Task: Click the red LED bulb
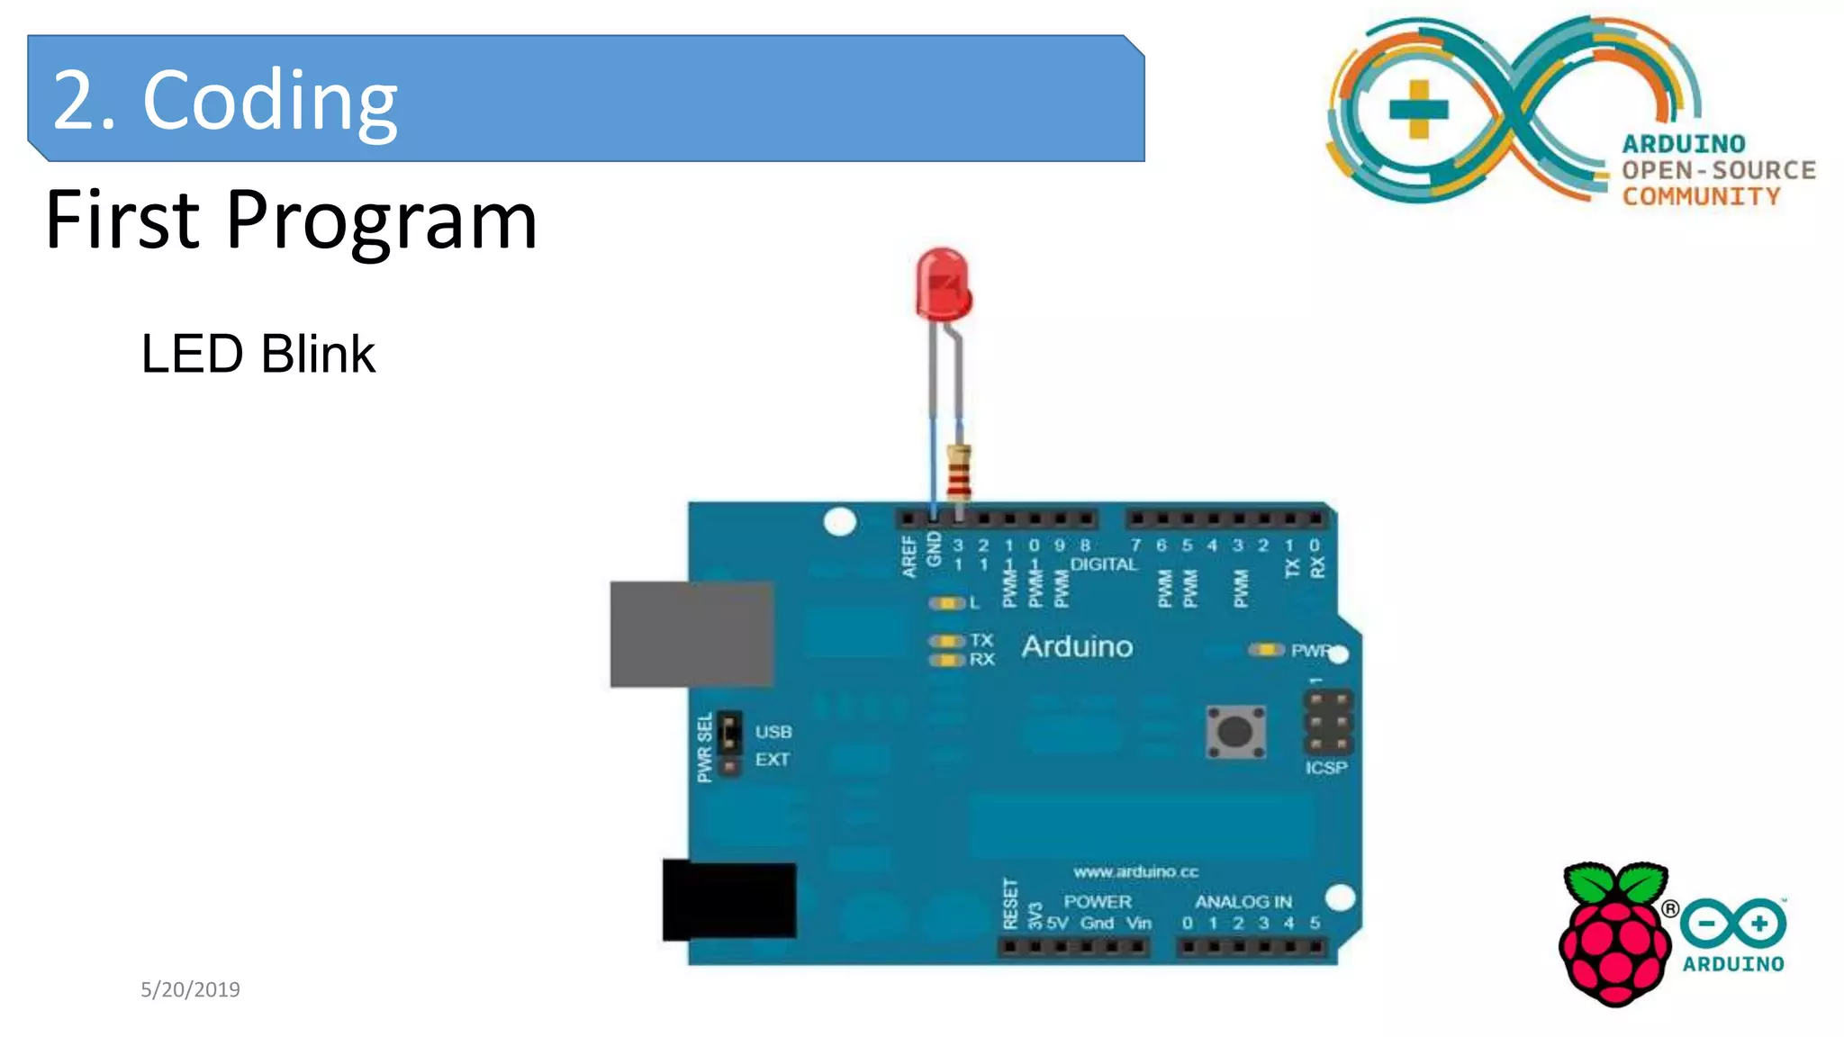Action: (942, 285)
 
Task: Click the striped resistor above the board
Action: (959, 471)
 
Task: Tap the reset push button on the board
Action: (1235, 731)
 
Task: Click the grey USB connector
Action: (691, 634)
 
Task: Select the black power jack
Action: (729, 900)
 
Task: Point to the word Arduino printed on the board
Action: (1077, 646)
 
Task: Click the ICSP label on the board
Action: (1326, 768)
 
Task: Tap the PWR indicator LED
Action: (1267, 650)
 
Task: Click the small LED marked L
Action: (946, 602)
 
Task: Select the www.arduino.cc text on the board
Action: (1135, 871)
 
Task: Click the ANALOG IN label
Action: (1243, 901)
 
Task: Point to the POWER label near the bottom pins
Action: (1097, 901)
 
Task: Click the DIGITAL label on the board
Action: (1104, 564)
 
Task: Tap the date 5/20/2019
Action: (190, 989)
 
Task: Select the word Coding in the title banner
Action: (269, 100)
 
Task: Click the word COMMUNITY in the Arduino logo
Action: (1701, 196)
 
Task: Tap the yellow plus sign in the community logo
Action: (1418, 110)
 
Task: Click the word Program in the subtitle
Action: (381, 221)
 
